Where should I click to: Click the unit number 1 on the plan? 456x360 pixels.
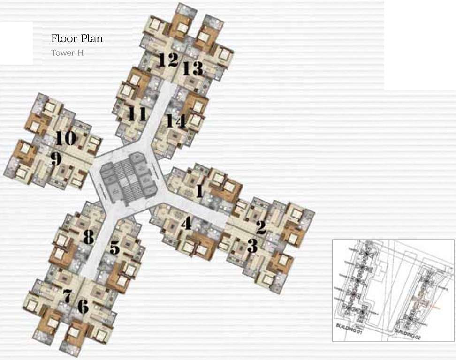[199, 191]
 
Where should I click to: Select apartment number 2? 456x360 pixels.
[261, 227]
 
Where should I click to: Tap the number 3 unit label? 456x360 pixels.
[252, 246]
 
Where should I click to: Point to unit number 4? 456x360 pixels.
[186, 224]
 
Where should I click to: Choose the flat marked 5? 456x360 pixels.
[115, 247]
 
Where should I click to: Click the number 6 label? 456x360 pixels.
[83, 307]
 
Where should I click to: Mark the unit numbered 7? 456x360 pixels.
[67, 296]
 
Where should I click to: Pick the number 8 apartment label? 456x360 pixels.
[88, 237]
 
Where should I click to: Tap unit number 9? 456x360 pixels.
[56, 159]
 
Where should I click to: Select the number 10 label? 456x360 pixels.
[66, 138]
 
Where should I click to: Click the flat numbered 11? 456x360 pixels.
[137, 113]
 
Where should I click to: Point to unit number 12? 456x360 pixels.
[168, 60]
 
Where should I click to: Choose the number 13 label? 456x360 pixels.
[192, 69]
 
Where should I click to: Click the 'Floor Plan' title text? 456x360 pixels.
[77, 38]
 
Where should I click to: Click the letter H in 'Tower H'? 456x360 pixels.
[80, 53]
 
